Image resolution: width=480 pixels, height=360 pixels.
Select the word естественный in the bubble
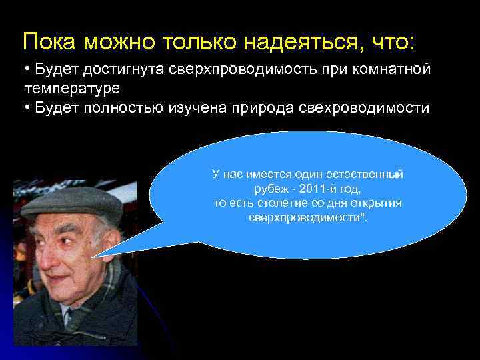tap(371, 174)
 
